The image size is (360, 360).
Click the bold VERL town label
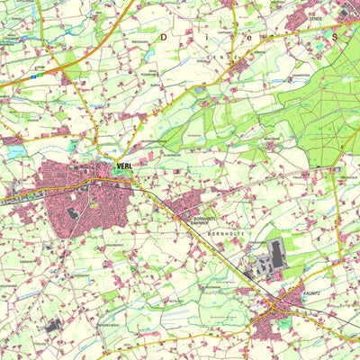point(124,166)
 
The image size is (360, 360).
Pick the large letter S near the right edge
point(334,38)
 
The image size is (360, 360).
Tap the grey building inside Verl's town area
point(71,212)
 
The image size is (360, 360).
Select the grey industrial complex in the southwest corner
point(51,325)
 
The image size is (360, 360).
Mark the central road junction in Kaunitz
point(274,309)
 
